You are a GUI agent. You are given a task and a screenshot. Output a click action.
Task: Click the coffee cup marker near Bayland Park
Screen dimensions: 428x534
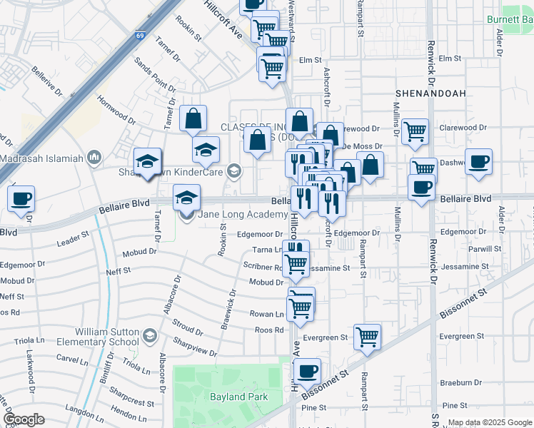[307, 372]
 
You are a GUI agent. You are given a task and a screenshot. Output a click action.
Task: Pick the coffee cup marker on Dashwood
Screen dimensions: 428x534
[478, 161]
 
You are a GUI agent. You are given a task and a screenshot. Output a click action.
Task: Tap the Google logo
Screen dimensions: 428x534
[24, 419]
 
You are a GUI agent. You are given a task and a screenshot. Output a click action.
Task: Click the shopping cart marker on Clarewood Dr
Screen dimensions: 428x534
[415, 132]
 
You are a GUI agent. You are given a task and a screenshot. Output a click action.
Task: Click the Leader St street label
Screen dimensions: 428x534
[72, 239]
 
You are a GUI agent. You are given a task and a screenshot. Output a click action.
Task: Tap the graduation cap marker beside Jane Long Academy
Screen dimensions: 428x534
[187, 197]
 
